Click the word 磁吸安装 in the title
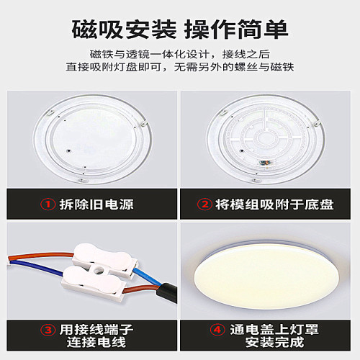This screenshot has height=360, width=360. coord(125,30)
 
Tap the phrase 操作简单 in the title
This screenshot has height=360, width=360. coord(236,30)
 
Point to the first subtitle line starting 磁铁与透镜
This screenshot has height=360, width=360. coord(180,55)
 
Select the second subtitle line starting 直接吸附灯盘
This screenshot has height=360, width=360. coord(180,68)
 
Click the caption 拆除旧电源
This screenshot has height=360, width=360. coord(94,204)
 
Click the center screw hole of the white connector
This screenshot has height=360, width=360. coord(96,271)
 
